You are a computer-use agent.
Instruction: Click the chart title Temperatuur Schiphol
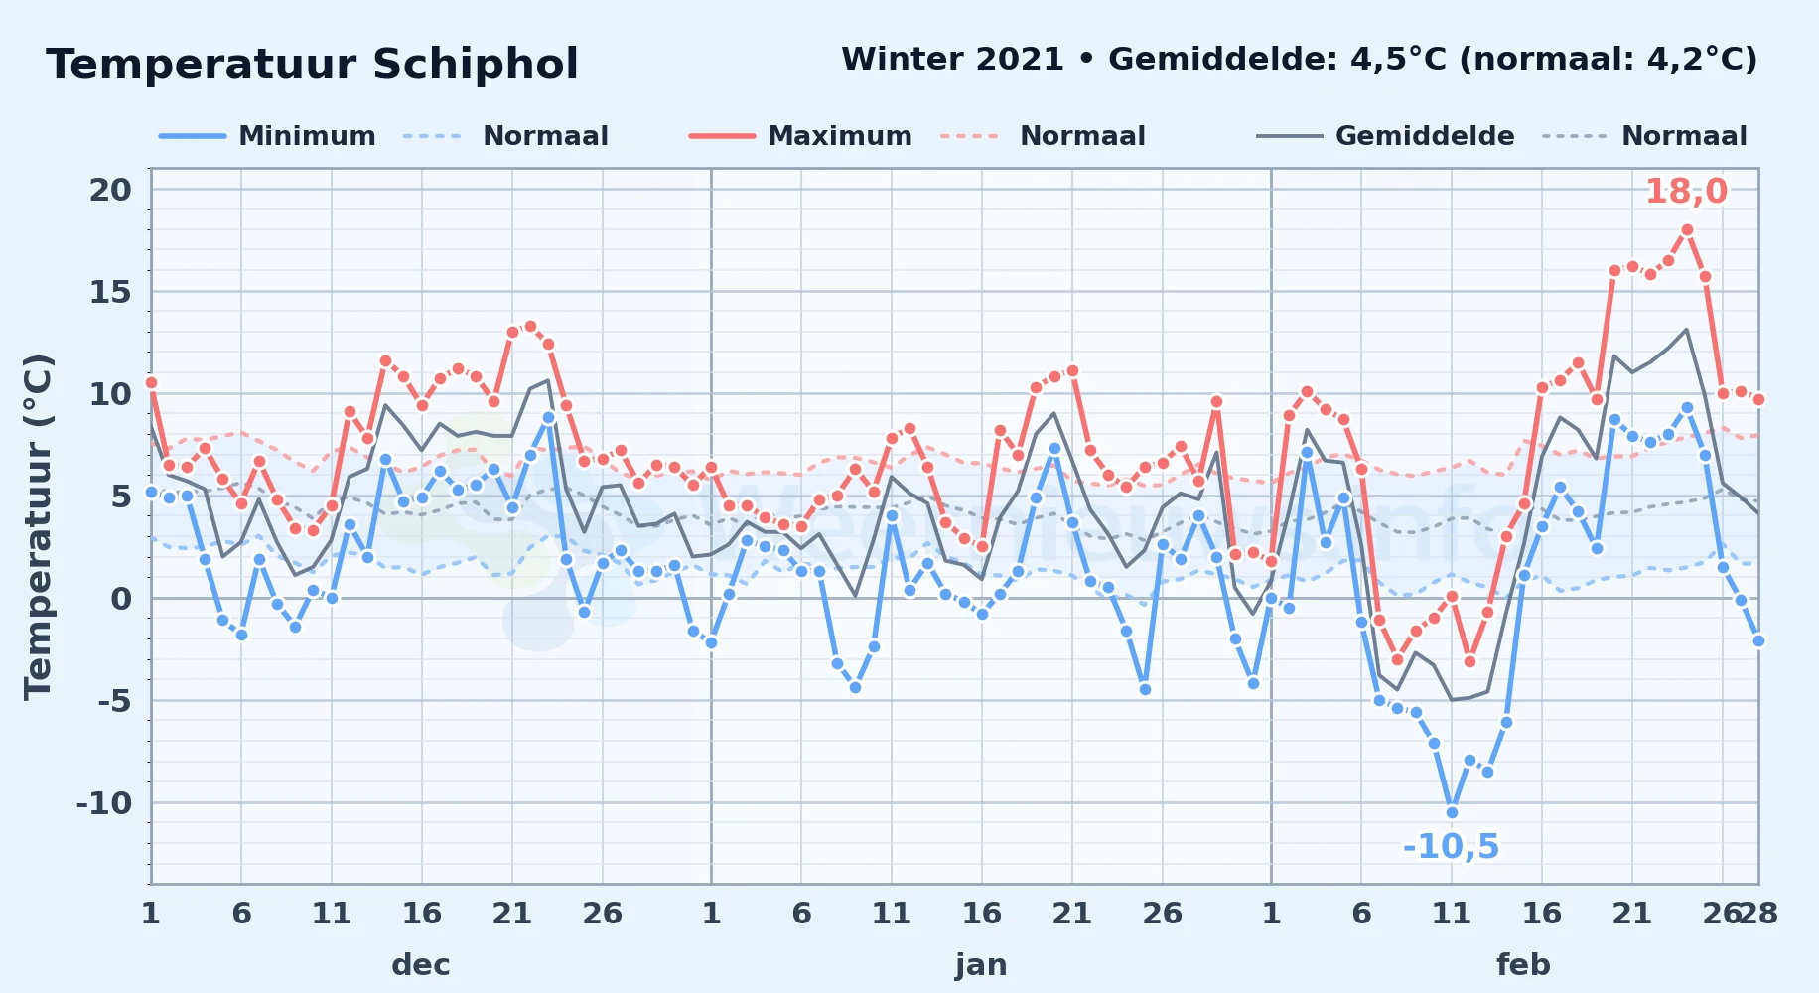click(312, 65)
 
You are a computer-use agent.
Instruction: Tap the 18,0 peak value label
click(1686, 191)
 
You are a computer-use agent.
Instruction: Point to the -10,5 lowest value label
click(1451, 846)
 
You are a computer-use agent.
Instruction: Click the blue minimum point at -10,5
click(1452, 812)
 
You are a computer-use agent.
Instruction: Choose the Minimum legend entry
click(267, 136)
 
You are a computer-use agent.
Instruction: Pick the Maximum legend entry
click(800, 136)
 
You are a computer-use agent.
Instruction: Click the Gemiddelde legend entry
click(1385, 136)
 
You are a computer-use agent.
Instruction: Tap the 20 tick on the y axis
click(110, 190)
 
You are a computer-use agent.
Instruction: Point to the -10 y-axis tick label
click(104, 802)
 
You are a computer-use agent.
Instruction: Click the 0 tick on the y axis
click(121, 598)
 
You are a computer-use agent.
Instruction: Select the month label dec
click(421, 964)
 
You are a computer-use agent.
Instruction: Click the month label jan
click(981, 964)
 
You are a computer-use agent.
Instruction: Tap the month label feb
click(1523, 964)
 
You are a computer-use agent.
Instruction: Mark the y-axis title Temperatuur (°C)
click(38, 526)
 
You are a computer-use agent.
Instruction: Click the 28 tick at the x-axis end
click(1757, 913)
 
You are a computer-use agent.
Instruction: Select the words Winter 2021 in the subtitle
click(953, 59)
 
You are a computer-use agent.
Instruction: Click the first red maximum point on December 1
click(151, 382)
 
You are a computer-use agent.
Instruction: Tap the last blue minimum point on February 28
click(1758, 640)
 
